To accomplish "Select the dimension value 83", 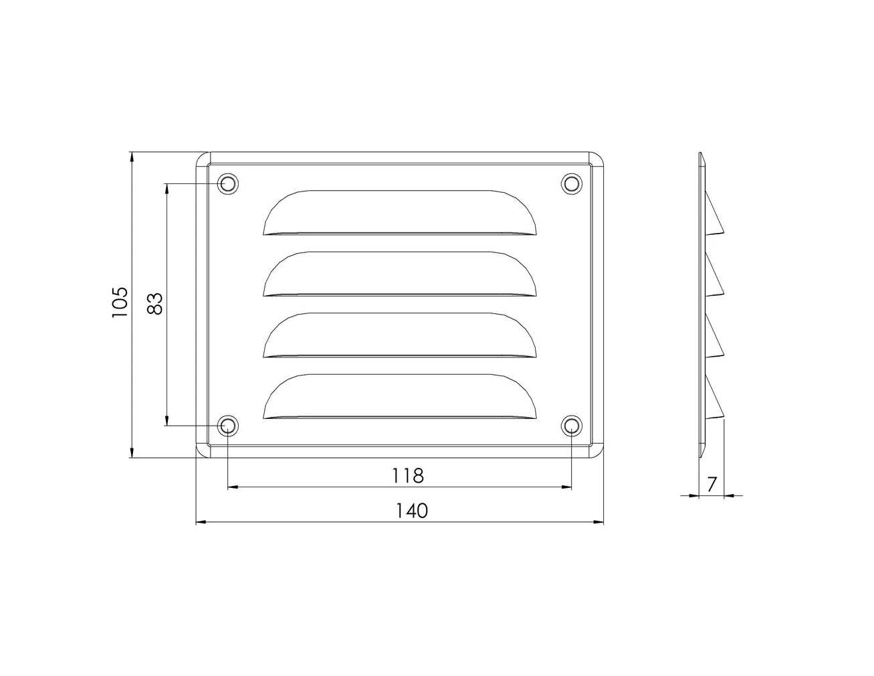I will (x=154, y=303).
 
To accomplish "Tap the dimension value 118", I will (x=408, y=475).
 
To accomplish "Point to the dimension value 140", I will (x=411, y=511).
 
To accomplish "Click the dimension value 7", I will (x=712, y=484).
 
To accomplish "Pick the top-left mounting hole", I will (x=228, y=183).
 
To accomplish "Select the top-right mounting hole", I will (x=571, y=183).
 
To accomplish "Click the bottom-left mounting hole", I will (x=228, y=426).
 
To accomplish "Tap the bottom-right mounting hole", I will (x=571, y=426).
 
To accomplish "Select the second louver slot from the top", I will (x=400, y=274).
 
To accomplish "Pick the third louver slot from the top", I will (x=400, y=335).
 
